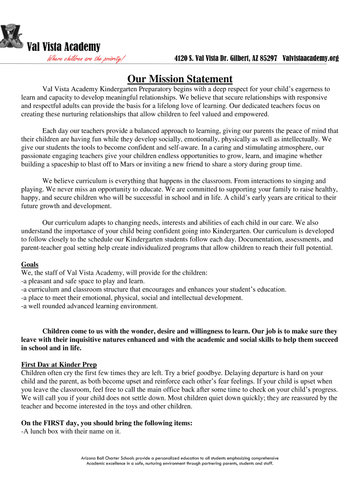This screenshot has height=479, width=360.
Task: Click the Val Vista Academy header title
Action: [63, 47]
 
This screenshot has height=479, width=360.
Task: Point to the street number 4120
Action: [181, 58]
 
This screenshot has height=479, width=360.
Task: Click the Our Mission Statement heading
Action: [180, 79]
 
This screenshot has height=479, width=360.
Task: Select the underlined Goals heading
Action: [30, 264]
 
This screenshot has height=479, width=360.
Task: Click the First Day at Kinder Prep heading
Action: [59, 364]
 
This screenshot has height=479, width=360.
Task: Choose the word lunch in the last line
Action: [37, 431]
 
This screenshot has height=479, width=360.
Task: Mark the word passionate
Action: [36, 156]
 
